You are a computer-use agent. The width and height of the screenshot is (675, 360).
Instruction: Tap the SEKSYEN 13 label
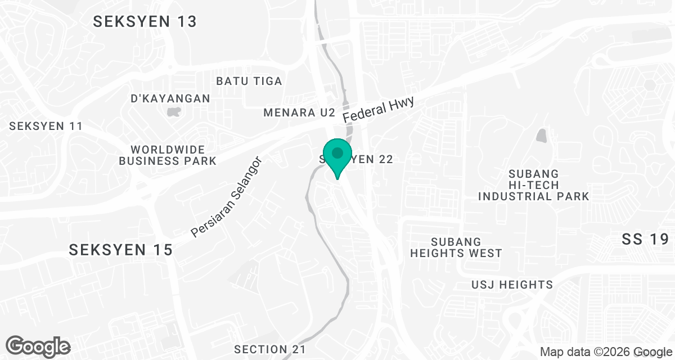(145, 21)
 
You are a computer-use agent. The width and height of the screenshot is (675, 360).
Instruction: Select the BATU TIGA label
(249, 81)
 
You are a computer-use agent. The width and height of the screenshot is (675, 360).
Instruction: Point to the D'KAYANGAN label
(170, 98)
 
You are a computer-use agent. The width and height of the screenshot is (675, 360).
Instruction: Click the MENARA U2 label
(299, 113)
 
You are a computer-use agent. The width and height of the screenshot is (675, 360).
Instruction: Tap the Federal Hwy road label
(379, 110)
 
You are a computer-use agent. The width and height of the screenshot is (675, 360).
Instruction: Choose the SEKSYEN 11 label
(46, 126)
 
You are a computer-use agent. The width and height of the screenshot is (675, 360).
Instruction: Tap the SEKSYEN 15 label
(120, 250)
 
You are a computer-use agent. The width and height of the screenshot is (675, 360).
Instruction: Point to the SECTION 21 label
(270, 349)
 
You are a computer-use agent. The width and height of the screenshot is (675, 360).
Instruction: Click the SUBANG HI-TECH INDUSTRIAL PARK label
(533, 184)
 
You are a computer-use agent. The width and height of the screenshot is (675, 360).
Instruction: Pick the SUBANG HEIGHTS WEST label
(456, 247)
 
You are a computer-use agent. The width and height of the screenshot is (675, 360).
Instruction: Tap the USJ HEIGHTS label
(512, 285)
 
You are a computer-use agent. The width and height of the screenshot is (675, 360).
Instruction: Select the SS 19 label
(645, 239)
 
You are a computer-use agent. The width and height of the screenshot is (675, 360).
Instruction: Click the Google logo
(38, 346)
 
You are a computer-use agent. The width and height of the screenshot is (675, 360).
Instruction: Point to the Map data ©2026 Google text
(605, 352)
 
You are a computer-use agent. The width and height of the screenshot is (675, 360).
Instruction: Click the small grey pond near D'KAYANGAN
(174, 111)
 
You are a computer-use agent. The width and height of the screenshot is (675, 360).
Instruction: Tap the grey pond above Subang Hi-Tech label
(541, 136)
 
